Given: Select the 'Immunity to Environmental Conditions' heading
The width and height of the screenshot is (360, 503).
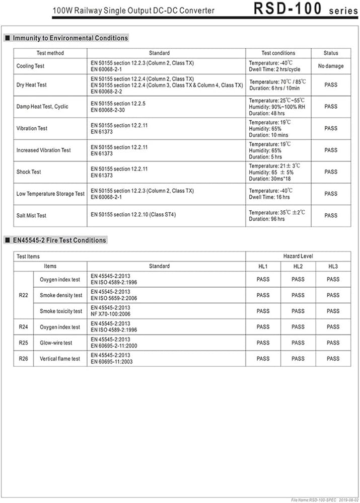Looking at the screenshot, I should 70,38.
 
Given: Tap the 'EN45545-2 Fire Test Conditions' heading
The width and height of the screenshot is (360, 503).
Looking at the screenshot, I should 59,240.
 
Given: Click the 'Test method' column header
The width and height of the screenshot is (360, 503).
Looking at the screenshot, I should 50,53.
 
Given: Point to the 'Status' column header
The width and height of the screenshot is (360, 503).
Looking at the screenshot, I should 331,53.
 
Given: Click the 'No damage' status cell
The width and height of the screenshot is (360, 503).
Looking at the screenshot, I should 331,66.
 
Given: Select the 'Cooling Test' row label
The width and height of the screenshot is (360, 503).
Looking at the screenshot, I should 30,66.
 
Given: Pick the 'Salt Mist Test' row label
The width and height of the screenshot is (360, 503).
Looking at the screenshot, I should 31,215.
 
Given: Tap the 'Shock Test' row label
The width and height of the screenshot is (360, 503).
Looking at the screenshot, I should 29,172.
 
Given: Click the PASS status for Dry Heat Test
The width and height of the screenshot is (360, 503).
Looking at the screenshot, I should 331,85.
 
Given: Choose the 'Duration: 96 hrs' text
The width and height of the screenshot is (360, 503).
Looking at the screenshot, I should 267,219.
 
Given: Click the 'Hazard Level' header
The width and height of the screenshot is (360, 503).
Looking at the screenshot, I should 298,256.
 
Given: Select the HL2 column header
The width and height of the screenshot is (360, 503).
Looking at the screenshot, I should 298,266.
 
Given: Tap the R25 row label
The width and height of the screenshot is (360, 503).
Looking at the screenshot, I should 23,343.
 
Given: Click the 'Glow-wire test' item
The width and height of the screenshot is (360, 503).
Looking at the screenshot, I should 56,343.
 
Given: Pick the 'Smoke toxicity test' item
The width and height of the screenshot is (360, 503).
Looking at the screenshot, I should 61,311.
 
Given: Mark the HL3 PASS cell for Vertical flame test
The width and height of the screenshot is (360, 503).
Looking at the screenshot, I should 333,359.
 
